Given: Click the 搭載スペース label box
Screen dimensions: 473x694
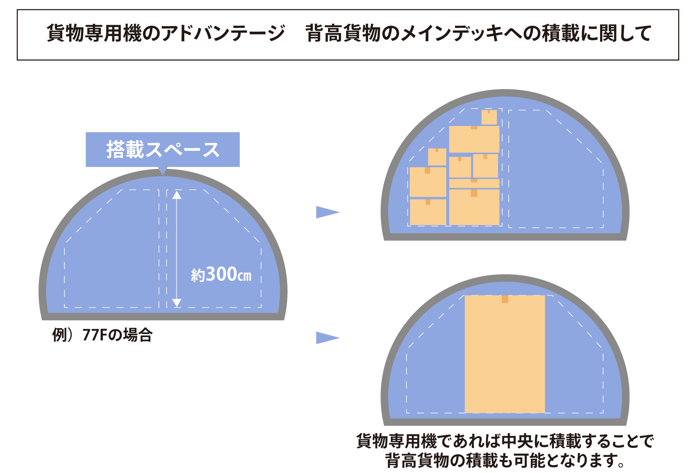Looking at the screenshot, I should point(163,150).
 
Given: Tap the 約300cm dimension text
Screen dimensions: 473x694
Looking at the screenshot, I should point(221,275).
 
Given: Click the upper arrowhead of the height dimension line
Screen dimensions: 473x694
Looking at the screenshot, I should point(177,195).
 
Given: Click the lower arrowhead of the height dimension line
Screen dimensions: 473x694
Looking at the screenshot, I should point(177,303).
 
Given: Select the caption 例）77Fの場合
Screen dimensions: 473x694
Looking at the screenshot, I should point(102,335).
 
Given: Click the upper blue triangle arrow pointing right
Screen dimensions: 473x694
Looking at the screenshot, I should point(327,212).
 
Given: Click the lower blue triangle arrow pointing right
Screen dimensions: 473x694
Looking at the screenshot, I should point(327,338).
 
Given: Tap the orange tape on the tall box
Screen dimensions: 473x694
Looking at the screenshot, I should point(505,299).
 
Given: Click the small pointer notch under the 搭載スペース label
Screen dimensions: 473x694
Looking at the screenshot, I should point(163,171).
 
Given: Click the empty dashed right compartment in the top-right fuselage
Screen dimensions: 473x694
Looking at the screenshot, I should point(556,172).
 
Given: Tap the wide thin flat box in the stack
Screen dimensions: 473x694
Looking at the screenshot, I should point(474,183).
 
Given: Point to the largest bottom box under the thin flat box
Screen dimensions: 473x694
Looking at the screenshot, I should point(474,207).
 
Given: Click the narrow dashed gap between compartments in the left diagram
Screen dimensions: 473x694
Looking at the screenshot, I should point(163,248).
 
